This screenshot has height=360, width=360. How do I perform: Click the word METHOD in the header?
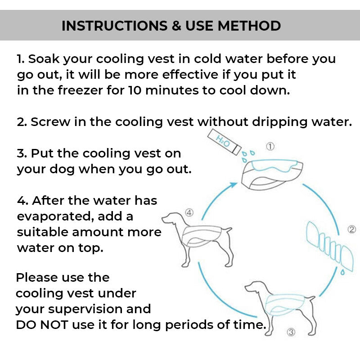(x=249, y=26)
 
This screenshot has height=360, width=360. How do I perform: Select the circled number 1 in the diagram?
(x=270, y=146)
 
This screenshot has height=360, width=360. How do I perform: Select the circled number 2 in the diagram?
(x=352, y=229)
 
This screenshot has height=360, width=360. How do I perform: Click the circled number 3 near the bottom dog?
(x=291, y=333)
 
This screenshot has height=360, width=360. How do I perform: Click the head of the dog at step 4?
(x=170, y=219)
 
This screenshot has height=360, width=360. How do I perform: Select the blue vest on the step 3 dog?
(x=286, y=306)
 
